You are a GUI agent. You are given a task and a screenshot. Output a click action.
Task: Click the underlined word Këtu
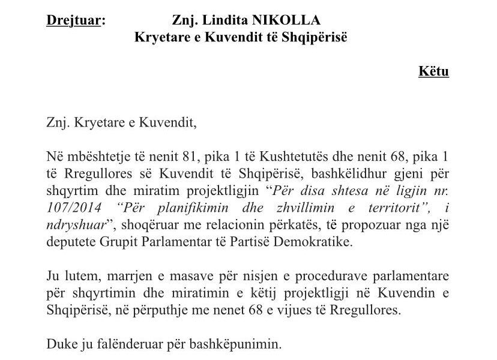tap(433, 71)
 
